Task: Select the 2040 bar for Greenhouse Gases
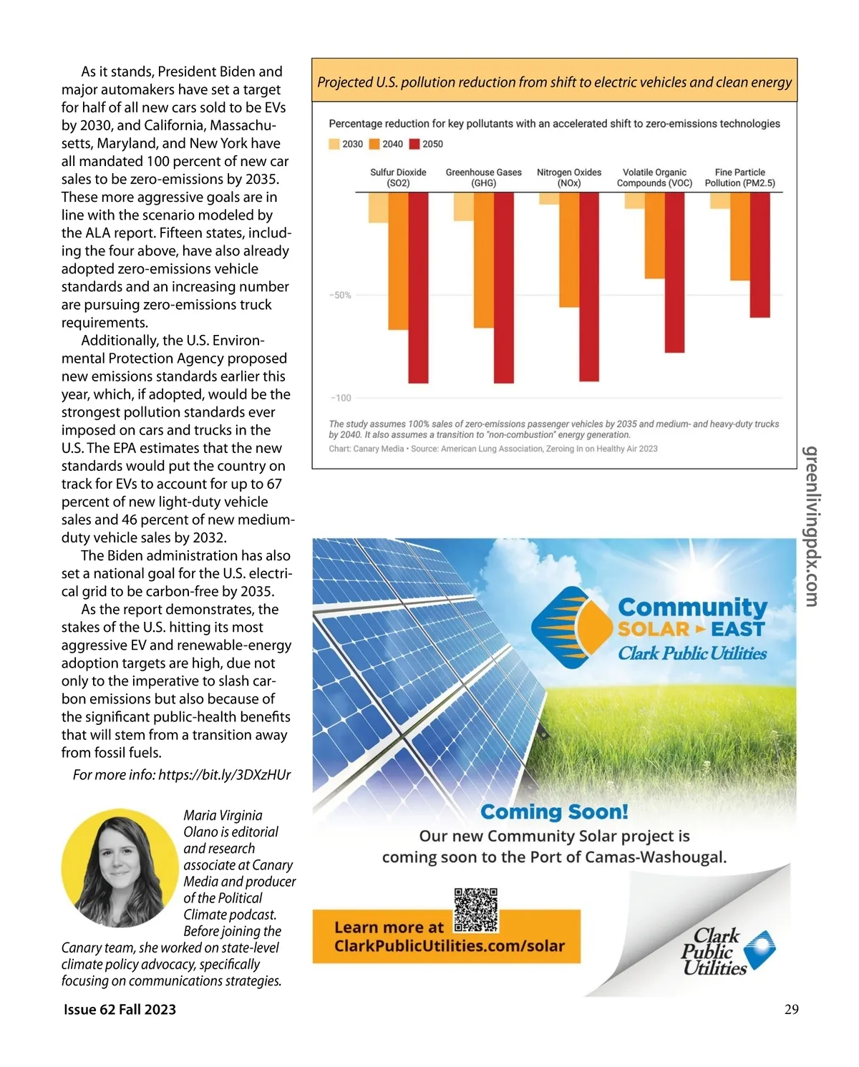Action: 484,260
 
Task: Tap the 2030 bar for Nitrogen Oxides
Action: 549,199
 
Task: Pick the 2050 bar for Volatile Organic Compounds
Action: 674,272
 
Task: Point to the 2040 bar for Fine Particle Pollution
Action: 739,236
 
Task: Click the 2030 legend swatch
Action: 334,144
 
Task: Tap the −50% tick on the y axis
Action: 341,295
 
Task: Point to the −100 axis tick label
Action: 341,398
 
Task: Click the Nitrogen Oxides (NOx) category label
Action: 569,177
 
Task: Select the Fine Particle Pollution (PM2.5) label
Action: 739,177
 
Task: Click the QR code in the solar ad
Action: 476,910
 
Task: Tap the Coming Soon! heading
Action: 554,812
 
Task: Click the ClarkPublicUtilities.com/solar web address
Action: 450,946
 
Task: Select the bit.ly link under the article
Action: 224,775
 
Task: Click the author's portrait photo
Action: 120,867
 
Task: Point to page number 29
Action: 791,1009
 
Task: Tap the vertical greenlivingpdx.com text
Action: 811,526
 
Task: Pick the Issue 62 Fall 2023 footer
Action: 120,1009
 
